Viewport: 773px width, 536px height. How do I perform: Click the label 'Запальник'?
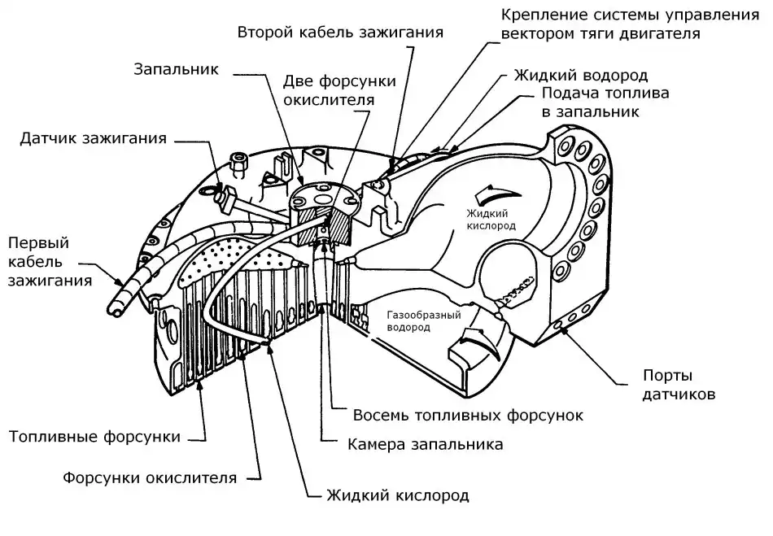pos(177,68)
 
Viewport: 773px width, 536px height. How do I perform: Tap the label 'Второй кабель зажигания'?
pos(340,33)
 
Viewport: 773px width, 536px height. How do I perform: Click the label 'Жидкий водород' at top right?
pos(580,75)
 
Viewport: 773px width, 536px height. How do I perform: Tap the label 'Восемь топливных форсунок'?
pos(468,415)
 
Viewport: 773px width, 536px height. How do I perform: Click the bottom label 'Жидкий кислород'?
pos(397,495)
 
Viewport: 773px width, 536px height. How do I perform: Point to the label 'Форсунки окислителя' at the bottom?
pos(150,477)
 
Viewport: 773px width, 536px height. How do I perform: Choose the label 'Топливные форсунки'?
pos(94,437)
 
